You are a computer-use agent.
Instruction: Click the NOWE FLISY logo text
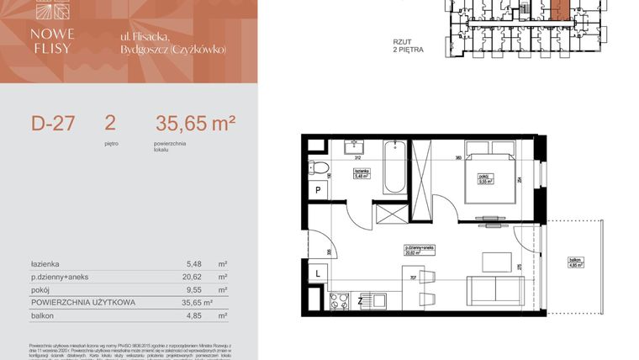[x=53, y=41]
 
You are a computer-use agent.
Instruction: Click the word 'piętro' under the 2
[x=111, y=144]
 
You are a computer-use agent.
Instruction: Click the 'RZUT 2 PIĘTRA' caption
[x=409, y=45]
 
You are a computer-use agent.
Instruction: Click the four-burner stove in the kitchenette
[x=341, y=299]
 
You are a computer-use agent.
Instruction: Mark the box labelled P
[x=319, y=192]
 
